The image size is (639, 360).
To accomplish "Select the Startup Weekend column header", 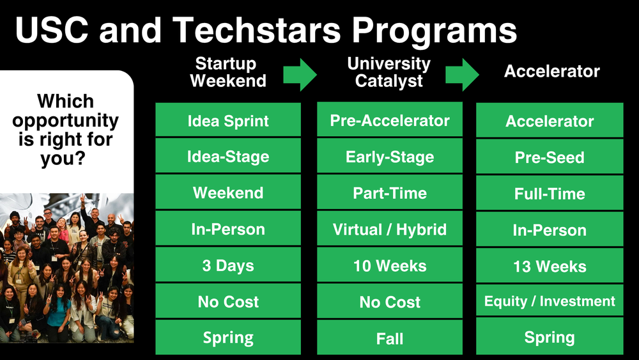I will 228,72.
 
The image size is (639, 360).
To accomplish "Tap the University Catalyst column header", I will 389,72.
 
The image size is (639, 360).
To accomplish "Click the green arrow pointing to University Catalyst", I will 300,75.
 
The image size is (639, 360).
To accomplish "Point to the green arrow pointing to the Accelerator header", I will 462,75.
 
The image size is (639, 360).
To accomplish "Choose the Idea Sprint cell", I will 228,121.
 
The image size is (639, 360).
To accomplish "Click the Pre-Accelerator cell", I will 390,121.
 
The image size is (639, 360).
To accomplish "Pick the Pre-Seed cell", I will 550,157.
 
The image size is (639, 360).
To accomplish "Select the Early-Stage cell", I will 390,157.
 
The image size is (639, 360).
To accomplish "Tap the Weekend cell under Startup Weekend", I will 228,193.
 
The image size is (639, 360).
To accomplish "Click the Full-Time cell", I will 550,193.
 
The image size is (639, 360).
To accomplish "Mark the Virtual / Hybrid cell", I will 390,230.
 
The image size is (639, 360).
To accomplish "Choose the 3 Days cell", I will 228,265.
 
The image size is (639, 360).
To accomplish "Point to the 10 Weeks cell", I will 390,265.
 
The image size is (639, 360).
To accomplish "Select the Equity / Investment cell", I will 550,301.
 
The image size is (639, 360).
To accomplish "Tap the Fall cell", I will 390,338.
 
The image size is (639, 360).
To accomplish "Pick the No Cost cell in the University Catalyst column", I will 390,301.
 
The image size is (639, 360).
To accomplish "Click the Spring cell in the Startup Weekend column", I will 228,338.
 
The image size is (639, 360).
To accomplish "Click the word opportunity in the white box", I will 65,121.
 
